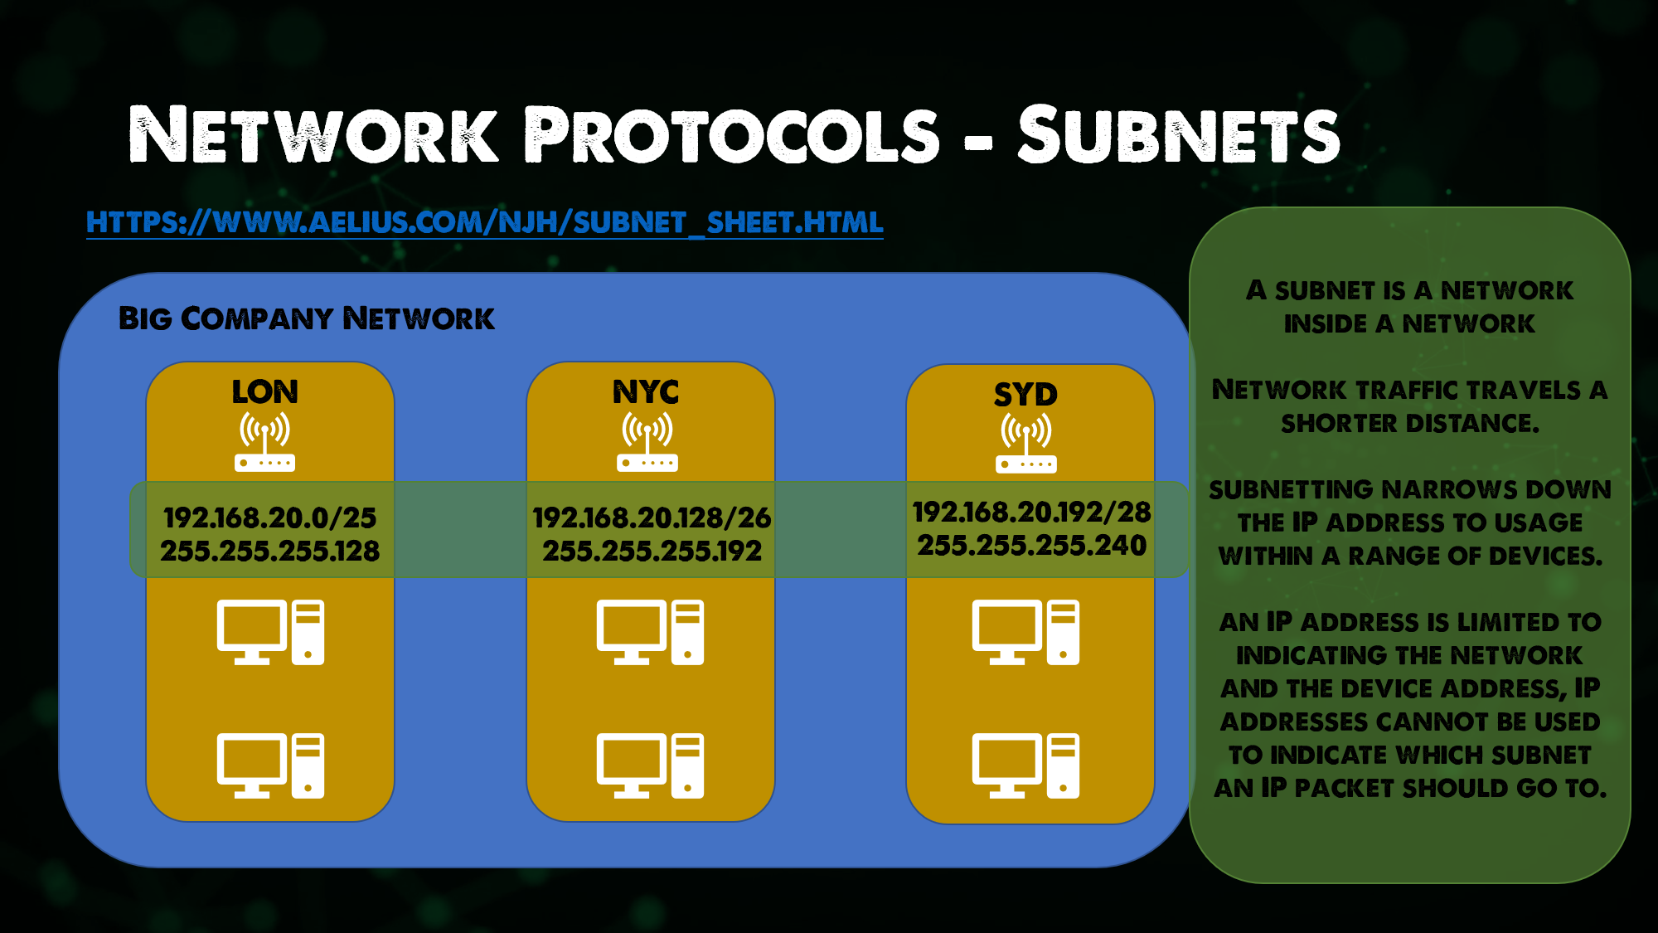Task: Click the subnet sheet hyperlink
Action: click(x=484, y=222)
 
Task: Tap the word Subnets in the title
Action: click(x=1178, y=135)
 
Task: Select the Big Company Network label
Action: click(x=306, y=318)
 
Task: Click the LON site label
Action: click(x=264, y=391)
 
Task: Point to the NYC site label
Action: click(x=646, y=391)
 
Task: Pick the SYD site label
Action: click(x=1025, y=394)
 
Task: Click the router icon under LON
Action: click(x=264, y=442)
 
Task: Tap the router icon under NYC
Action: click(x=647, y=442)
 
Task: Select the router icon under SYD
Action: click(x=1025, y=444)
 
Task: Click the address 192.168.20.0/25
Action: click(x=270, y=518)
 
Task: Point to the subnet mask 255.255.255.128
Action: click(x=270, y=551)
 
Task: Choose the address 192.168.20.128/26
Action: click(x=652, y=518)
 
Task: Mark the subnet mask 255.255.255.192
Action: click(x=652, y=551)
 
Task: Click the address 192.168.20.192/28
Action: click(x=1031, y=512)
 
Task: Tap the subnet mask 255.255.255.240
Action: click(x=1031, y=545)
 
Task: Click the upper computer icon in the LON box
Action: click(x=270, y=632)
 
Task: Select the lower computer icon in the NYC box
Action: click(x=650, y=765)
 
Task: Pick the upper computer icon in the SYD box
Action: click(x=1025, y=632)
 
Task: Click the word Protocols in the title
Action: click(x=732, y=135)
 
